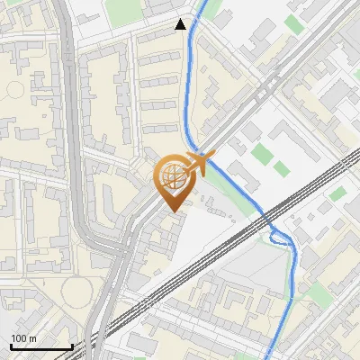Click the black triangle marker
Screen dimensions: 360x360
coord(182,24)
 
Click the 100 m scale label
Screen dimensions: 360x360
coord(24,338)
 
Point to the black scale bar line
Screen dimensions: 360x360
coord(41,347)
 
